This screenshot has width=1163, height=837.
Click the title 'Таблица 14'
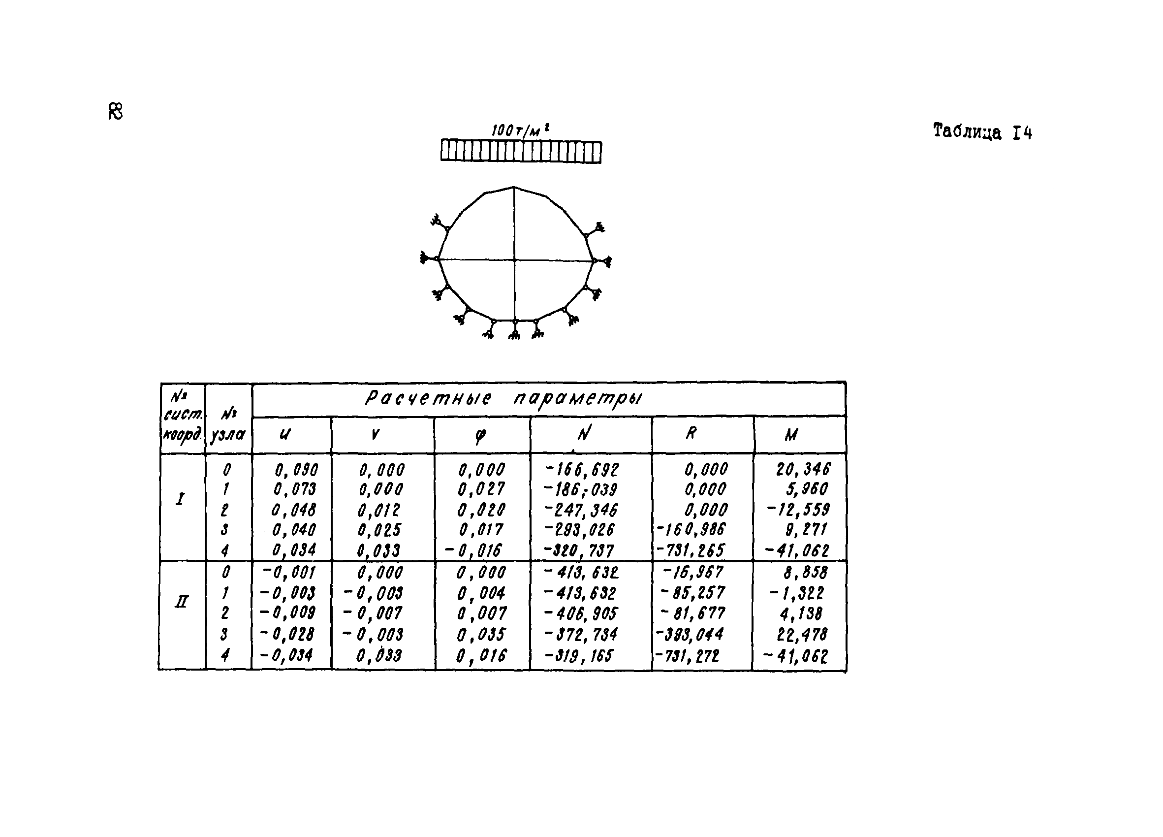click(x=982, y=132)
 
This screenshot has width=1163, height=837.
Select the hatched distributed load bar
click(x=521, y=152)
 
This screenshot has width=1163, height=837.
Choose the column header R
click(x=691, y=434)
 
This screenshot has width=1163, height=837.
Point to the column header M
click(x=791, y=435)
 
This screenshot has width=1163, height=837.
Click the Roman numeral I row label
click(x=180, y=499)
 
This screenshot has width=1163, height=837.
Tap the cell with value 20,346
click(x=803, y=469)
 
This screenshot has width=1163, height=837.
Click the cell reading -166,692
click(x=582, y=469)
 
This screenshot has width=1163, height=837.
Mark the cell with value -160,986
click(x=691, y=529)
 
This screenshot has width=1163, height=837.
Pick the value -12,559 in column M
click(x=798, y=509)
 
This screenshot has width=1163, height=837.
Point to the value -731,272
click(x=688, y=656)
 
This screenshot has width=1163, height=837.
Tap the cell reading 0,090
click(x=296, y=469)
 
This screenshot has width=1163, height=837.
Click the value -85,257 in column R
click(x=693, y=593)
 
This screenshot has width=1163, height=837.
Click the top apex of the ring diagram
click(x=514, y=187)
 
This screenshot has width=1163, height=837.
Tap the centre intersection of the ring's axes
click(x=514, y=260)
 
